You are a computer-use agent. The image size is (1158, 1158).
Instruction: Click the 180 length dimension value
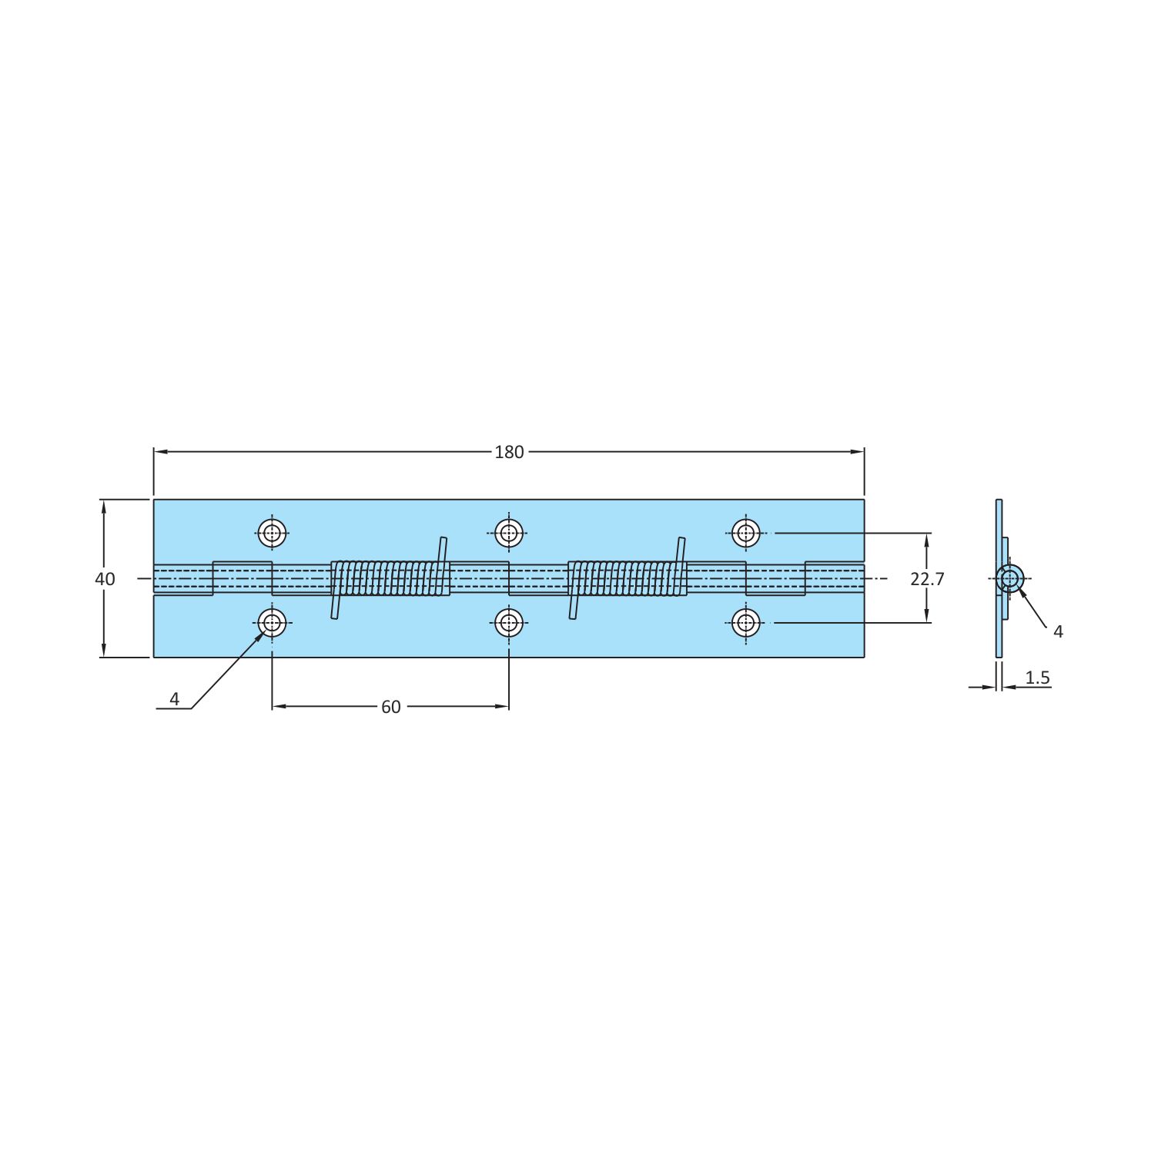point(509,452)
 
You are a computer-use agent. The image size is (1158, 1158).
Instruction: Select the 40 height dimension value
point(105,579)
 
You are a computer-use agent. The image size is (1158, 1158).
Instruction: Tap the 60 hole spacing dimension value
point(391,707)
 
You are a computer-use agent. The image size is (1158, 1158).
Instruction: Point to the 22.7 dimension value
point(927,579)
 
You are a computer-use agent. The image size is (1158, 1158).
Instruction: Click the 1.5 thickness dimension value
point(1038,678)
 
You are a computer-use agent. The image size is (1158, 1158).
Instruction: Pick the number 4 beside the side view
point(1058,631)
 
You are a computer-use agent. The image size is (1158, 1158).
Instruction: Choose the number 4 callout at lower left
point(175,699)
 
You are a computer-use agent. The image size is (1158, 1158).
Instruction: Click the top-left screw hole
point(272,533)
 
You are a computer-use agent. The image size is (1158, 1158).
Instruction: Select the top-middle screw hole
point(509,533)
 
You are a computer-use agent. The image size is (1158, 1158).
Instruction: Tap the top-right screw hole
point(745,533)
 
